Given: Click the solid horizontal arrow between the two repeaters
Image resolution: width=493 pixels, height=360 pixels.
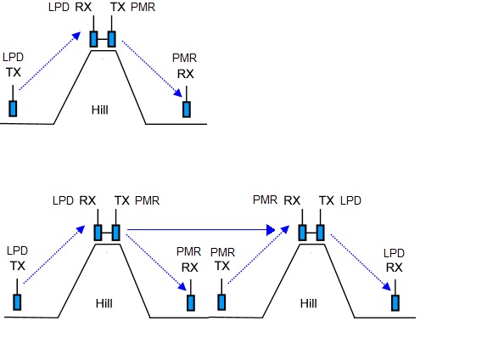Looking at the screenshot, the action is point(201,230).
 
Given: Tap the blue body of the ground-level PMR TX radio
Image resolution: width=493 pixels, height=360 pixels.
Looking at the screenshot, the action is point(221,302).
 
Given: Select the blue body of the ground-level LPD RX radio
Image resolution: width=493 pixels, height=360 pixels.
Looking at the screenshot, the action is point(395,303).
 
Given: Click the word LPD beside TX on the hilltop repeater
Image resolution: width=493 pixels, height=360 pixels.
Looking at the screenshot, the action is point(350,200).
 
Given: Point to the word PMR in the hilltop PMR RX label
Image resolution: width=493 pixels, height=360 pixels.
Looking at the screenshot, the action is point(265,200).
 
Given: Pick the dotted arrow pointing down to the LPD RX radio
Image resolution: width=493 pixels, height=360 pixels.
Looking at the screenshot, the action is point(361,262).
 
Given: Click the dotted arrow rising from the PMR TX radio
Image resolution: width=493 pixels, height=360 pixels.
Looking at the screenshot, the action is point(259,254).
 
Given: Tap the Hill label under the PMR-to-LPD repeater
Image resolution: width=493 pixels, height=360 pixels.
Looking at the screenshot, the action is point(308,303).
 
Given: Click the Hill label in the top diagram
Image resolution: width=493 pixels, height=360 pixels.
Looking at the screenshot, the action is point(99,110).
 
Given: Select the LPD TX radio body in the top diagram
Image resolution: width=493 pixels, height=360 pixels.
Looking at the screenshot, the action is point(13,109).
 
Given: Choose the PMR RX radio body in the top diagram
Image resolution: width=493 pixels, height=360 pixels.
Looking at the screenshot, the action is point(187,110).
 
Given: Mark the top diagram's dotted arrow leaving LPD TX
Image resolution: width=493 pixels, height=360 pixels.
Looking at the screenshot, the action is point(50,61).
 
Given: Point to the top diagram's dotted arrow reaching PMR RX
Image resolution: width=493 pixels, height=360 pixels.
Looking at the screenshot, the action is point(152,69).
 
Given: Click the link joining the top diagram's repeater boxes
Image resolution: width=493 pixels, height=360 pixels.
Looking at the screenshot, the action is point(103,39).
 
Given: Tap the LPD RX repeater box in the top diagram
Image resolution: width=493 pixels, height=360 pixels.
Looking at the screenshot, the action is point(93,39).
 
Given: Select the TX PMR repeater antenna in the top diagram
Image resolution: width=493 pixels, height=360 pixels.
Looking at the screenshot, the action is point(112,23).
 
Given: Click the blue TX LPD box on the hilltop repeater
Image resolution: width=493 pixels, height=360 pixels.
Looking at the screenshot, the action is point(321,233).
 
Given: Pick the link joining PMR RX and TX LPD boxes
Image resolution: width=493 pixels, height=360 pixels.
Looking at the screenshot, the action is point(311,233).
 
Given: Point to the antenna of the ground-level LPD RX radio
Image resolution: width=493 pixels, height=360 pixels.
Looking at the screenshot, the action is point(395,287).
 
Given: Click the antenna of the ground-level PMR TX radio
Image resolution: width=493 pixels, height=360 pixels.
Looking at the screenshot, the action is point(221,286).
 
